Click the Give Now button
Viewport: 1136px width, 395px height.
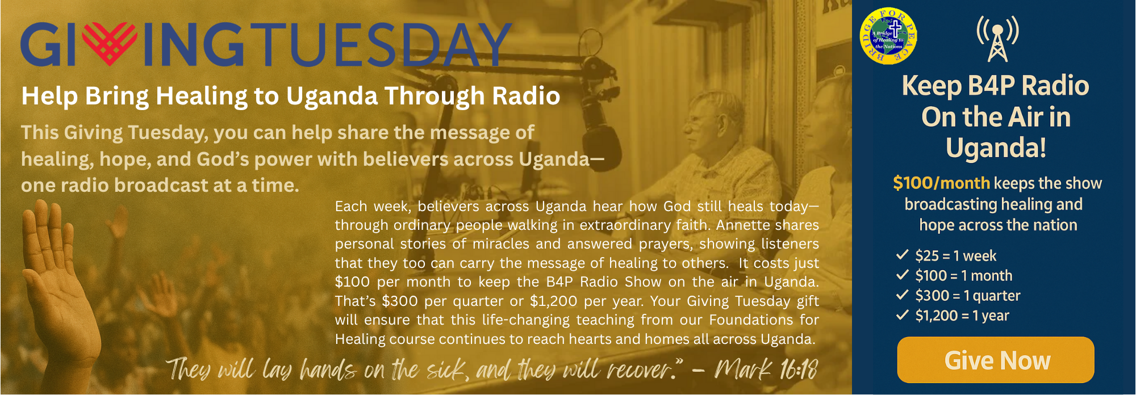coord(996,360)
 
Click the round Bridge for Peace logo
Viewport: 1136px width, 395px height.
coord(888,36)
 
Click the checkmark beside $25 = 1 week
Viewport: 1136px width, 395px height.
coord(903,254)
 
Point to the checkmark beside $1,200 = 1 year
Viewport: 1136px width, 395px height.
coord(903,314)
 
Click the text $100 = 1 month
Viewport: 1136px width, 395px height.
coord(964,276)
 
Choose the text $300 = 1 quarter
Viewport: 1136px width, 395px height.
coord(968,296)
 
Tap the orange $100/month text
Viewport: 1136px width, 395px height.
coord(942,183)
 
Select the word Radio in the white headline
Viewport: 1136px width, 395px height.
coord(526,96)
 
